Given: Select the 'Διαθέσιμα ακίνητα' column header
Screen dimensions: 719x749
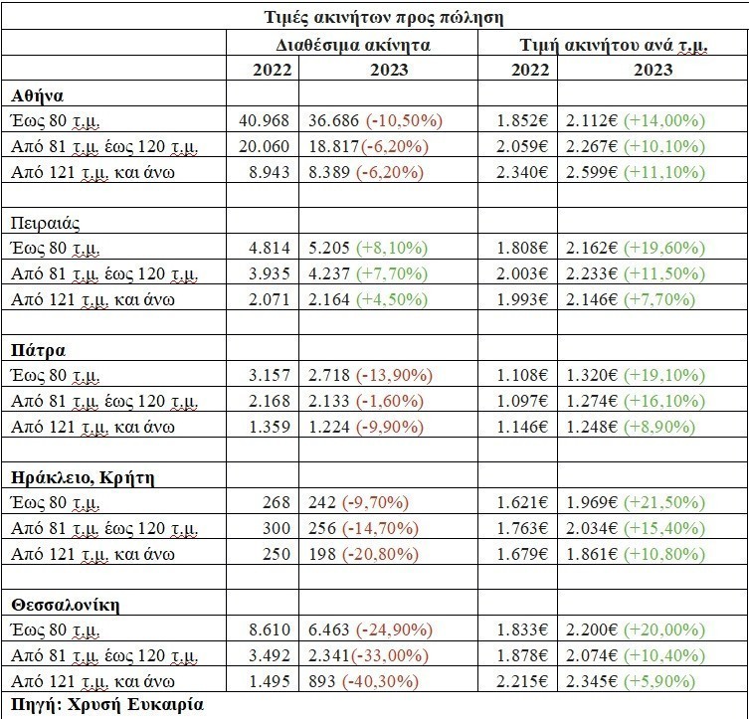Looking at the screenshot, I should coord(353,45).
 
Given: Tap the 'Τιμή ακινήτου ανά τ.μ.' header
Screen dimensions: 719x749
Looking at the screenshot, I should coord(612,45).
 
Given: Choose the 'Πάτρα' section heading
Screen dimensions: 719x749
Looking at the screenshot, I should coord(38,350).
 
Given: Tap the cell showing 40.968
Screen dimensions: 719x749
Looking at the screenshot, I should coord(264,120).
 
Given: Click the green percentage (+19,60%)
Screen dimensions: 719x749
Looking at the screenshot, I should coord(664,248).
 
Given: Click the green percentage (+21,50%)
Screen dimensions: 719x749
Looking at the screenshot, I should coord(664,503).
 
